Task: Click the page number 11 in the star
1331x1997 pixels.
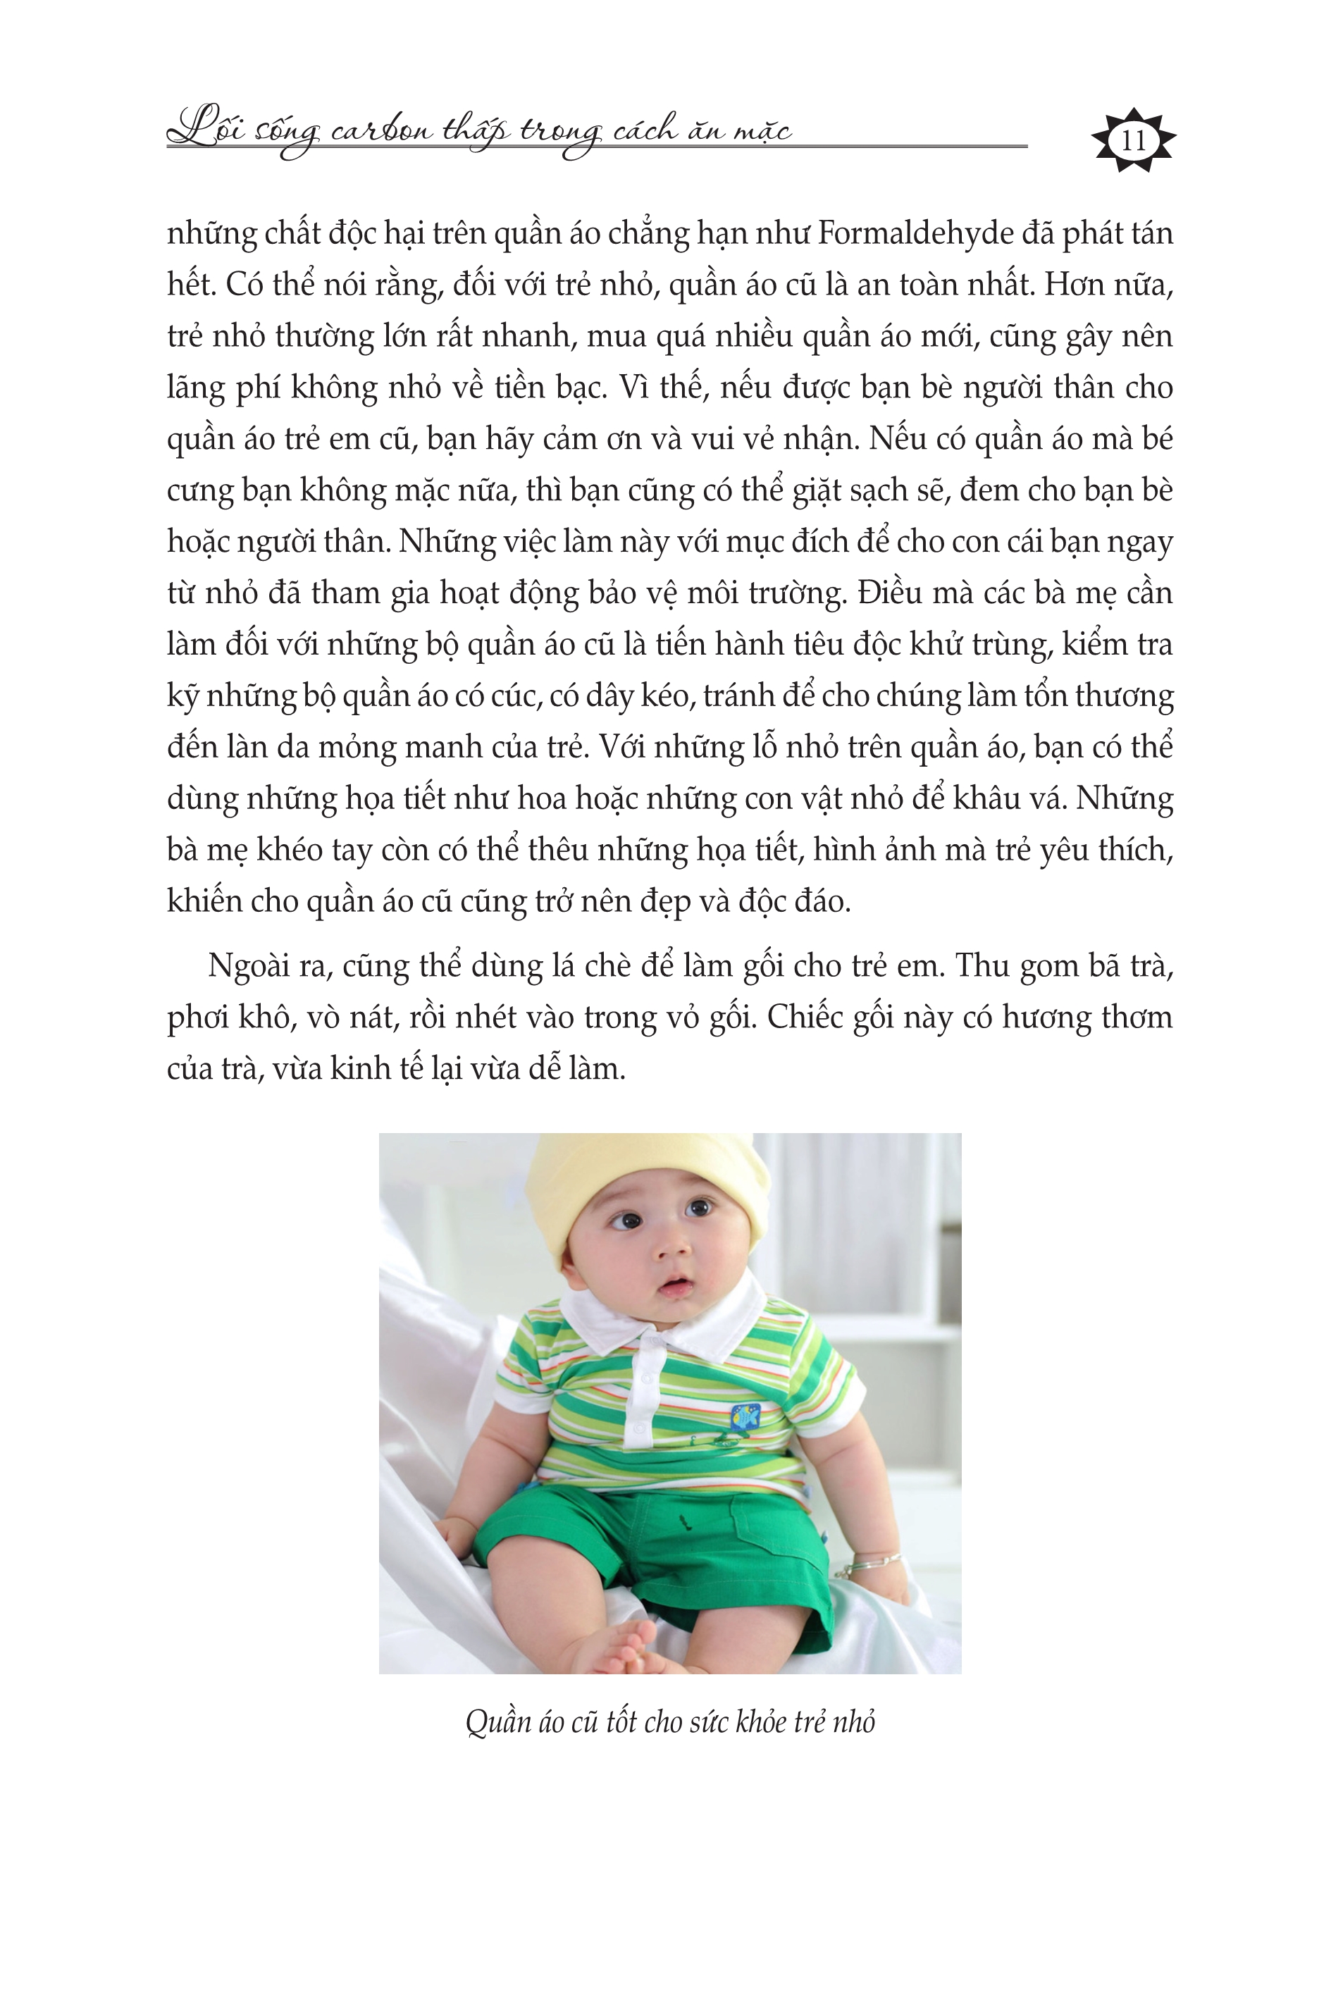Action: [1133, 140]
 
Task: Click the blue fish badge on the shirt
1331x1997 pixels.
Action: [745, 1416]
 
